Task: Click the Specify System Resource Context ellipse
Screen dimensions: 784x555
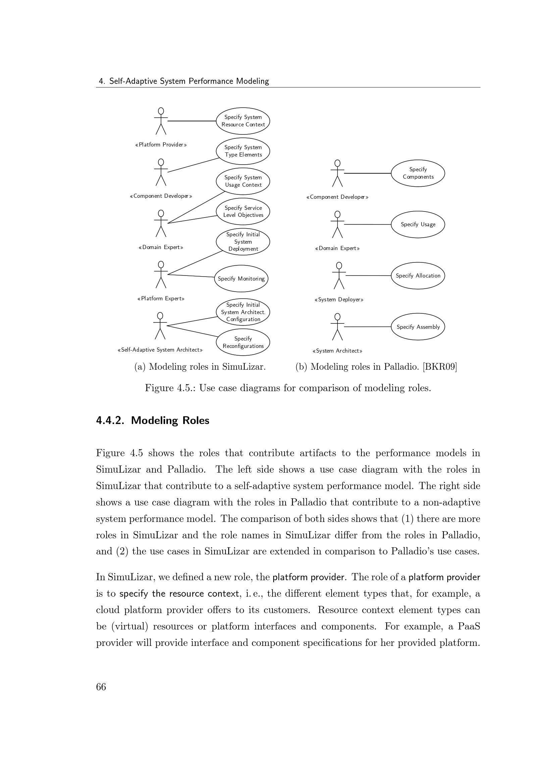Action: click(243, 121)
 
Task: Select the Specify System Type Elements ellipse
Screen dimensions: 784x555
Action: click(243, 151)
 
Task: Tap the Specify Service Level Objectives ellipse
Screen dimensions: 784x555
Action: click(243, 212)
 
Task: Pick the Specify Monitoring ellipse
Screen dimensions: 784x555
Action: click(241, 279)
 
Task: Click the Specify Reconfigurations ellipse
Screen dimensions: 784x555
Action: click(243, 342)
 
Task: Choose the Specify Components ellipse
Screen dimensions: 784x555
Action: click(418, 173)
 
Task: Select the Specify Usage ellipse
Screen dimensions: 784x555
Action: click(418, 224)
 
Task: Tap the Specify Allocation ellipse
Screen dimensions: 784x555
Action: click(418, 276)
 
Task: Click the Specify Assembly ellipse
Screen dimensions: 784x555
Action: click(418, 327)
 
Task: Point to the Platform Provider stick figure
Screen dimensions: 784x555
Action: click(161, 121)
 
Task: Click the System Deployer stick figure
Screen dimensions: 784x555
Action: click(339, 276)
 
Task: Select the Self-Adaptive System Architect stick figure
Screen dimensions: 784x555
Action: click(160, 326)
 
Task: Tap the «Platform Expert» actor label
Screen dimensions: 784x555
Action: click(161, 299)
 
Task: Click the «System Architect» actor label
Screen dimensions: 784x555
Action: click(337, 351)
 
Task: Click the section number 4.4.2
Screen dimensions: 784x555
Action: click(110, 420)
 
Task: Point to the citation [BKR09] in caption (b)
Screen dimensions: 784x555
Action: click(440, 367)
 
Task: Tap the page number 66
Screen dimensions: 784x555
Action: click(101, 687)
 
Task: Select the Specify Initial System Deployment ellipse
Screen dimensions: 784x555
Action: click(243, 242)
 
